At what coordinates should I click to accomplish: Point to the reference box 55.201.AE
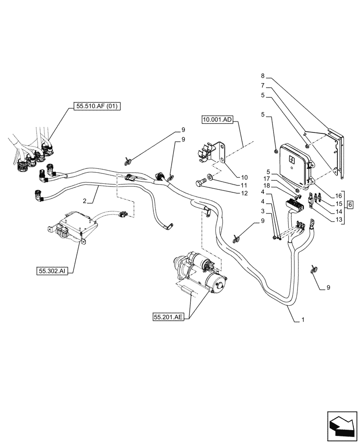tap(169, 317)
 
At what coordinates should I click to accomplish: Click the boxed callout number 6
tap(350, 205)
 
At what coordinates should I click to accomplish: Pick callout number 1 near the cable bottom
tap(303, 319)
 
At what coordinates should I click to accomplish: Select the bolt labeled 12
tap(200, 182)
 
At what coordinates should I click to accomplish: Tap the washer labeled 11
tap(209, 178)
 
